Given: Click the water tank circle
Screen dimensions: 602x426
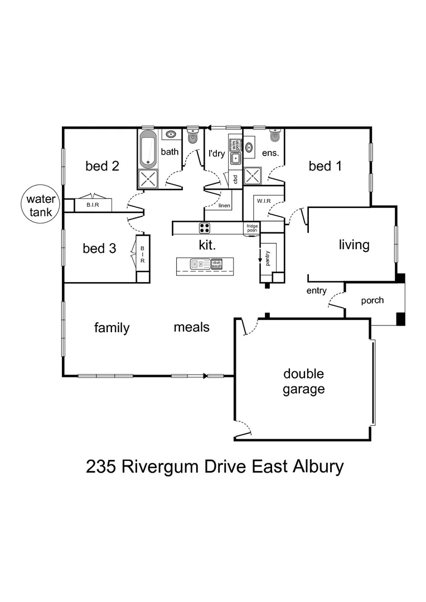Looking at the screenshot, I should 39,205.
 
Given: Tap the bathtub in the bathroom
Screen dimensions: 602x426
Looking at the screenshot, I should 148,150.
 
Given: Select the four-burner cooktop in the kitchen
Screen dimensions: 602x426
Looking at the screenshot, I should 205,227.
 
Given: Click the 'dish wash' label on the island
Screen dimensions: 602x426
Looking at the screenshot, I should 217,264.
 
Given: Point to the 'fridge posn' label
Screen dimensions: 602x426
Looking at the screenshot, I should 253,228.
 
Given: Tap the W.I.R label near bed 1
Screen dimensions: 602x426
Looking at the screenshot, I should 263,200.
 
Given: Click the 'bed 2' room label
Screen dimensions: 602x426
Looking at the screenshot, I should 103,166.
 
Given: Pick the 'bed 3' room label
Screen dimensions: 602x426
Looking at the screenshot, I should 99,248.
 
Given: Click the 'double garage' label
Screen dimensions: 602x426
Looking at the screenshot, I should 303,381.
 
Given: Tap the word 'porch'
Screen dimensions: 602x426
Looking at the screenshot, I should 372,300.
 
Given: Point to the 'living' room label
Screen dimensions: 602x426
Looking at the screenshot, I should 354,245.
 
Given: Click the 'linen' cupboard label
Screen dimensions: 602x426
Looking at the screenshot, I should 225,206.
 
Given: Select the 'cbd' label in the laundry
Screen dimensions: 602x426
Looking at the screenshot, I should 236,179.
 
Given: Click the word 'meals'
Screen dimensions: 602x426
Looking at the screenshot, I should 191,327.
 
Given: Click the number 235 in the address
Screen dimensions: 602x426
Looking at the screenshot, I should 101,466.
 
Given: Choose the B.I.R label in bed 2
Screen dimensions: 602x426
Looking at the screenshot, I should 92,205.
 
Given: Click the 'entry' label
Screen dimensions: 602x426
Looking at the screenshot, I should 316,291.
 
